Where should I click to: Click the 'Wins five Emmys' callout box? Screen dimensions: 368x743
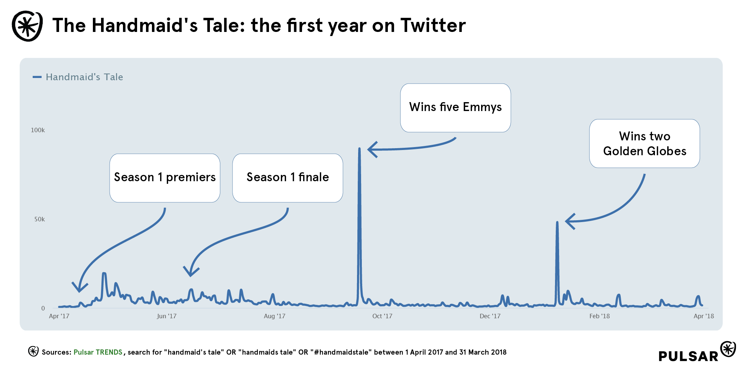coord(455,108)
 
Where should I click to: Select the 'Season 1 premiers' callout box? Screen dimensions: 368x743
coord(165,178)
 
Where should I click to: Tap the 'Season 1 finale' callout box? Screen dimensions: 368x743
coord(288,178)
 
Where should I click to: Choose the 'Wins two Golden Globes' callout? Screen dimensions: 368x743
coord(644,144)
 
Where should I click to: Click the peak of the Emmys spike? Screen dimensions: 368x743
coord(359,149)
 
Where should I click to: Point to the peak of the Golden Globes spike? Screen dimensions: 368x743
coord(557,223)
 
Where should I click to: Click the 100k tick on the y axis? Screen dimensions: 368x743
coord(38,130)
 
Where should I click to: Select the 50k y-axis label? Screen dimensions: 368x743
coord(39,219)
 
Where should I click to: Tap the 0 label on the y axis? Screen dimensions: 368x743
coord(43,308)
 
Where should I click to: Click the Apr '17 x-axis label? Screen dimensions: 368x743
coord(59,316)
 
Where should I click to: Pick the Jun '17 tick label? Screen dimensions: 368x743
coord(166,316)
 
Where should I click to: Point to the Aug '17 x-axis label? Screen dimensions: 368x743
coord(275,316)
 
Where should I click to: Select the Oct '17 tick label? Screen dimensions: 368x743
coord(382,316)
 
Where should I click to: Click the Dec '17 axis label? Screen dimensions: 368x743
coord(490,316)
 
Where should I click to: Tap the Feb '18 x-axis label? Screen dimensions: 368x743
coord(600,316)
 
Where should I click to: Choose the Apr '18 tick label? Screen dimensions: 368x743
coord(704,316)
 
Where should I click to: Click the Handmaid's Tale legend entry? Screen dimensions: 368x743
coord(84,77)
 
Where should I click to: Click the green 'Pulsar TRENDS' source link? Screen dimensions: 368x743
coord(98,352)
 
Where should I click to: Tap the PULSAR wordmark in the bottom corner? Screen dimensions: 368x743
coord(688,356)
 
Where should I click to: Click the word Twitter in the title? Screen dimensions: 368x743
coord(433,26)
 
